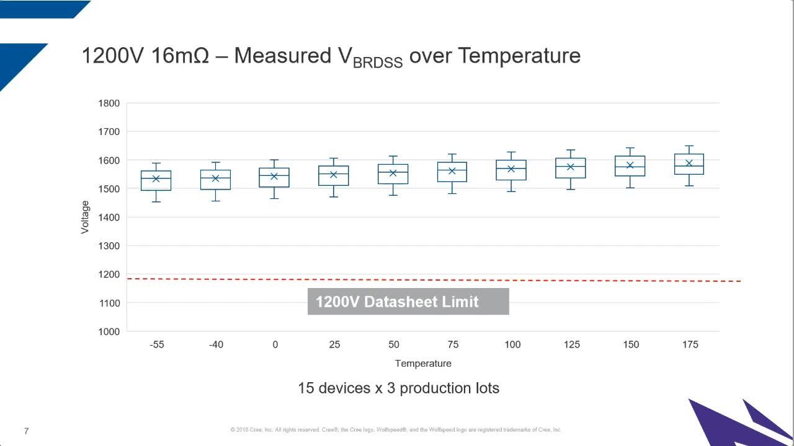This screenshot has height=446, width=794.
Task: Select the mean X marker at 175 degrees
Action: (x=689, y=163)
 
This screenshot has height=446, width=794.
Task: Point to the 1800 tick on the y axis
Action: (x=109, y=103)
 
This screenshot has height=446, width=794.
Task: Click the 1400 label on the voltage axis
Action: (x=109, y=217)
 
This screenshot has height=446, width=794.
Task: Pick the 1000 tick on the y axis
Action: (x=109, y=331)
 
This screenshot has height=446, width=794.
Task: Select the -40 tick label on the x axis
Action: (x=216, y=344)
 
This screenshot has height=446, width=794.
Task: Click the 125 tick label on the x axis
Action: (x=571, y=344)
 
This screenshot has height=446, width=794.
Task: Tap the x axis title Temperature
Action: (x=423, y=364)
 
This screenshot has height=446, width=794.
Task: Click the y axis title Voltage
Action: (x=85, y=217)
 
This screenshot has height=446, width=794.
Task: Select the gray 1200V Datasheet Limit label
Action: (x=408, y=302)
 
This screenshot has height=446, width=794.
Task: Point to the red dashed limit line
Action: (x=248, y=279)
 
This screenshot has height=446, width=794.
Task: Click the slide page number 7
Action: (x=26, y=431)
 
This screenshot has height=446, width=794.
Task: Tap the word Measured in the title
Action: (x=283, y=56)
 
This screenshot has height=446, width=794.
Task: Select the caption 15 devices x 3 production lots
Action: (x=398, y=388)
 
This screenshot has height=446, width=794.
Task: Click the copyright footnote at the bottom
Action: (x=396, y=429)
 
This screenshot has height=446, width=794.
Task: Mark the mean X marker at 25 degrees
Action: (x=333, y=174)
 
